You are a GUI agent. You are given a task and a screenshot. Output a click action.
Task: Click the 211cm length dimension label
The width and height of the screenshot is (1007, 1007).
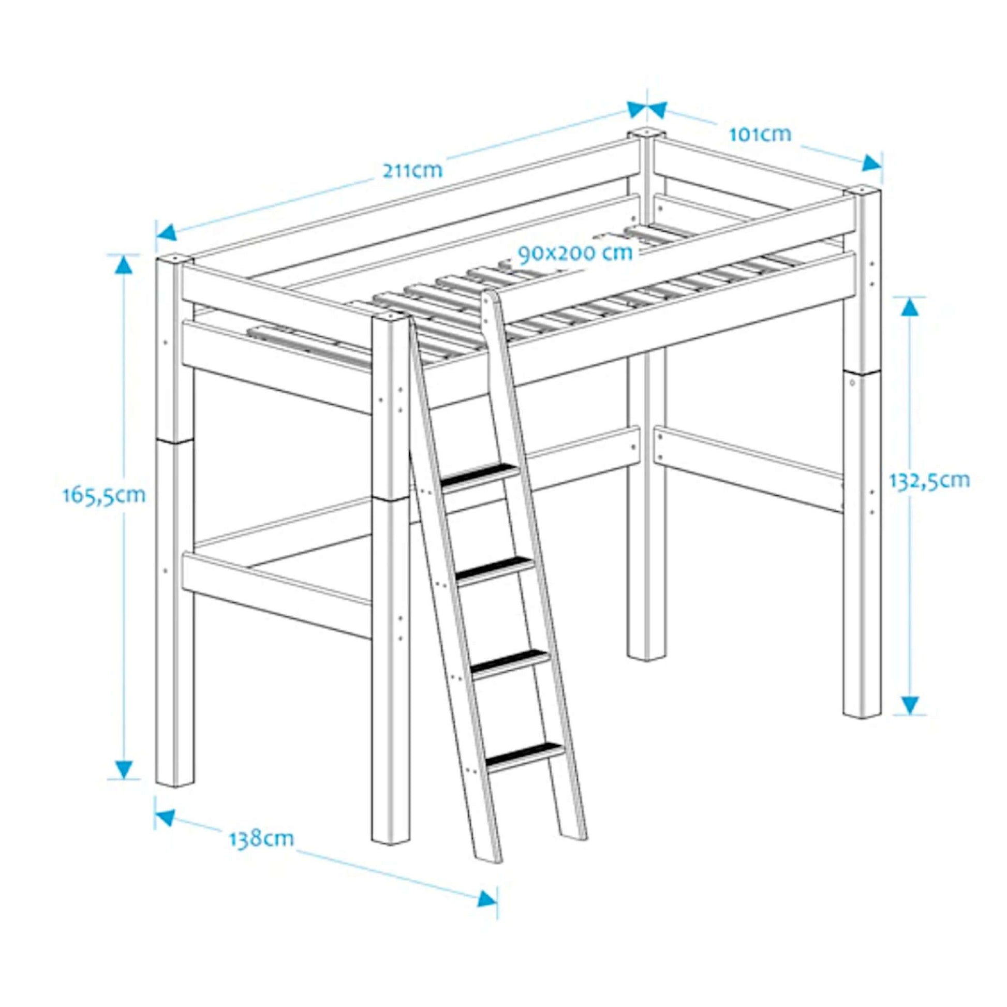[x=412, y=170]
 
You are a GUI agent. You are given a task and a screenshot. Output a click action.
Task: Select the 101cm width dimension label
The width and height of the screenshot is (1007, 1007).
[x=760, y=135]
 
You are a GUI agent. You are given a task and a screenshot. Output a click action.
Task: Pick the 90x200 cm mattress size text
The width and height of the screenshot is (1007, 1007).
[x=575, y=253]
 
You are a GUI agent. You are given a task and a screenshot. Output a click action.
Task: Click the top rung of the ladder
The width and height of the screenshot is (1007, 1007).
[x=481, y=476]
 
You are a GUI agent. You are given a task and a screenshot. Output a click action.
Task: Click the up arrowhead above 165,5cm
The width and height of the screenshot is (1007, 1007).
[x=124, y=265]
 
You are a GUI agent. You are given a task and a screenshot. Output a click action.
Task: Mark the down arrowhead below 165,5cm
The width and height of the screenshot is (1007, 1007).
[x=124, y=768]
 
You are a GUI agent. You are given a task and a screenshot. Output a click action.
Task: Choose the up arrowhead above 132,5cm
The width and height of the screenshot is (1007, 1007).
[x=910, y=308]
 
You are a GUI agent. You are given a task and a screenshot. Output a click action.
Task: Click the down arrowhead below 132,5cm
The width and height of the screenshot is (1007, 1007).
[x=910, y=704]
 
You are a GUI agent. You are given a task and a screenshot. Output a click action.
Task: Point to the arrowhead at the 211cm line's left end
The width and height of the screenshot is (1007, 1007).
[x=166, y=231]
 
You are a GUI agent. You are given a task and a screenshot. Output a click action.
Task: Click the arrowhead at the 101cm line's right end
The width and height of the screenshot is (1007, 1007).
[x=870, y=163]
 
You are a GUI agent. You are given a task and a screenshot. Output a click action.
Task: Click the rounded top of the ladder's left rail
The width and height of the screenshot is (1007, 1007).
[x=488, y=298]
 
